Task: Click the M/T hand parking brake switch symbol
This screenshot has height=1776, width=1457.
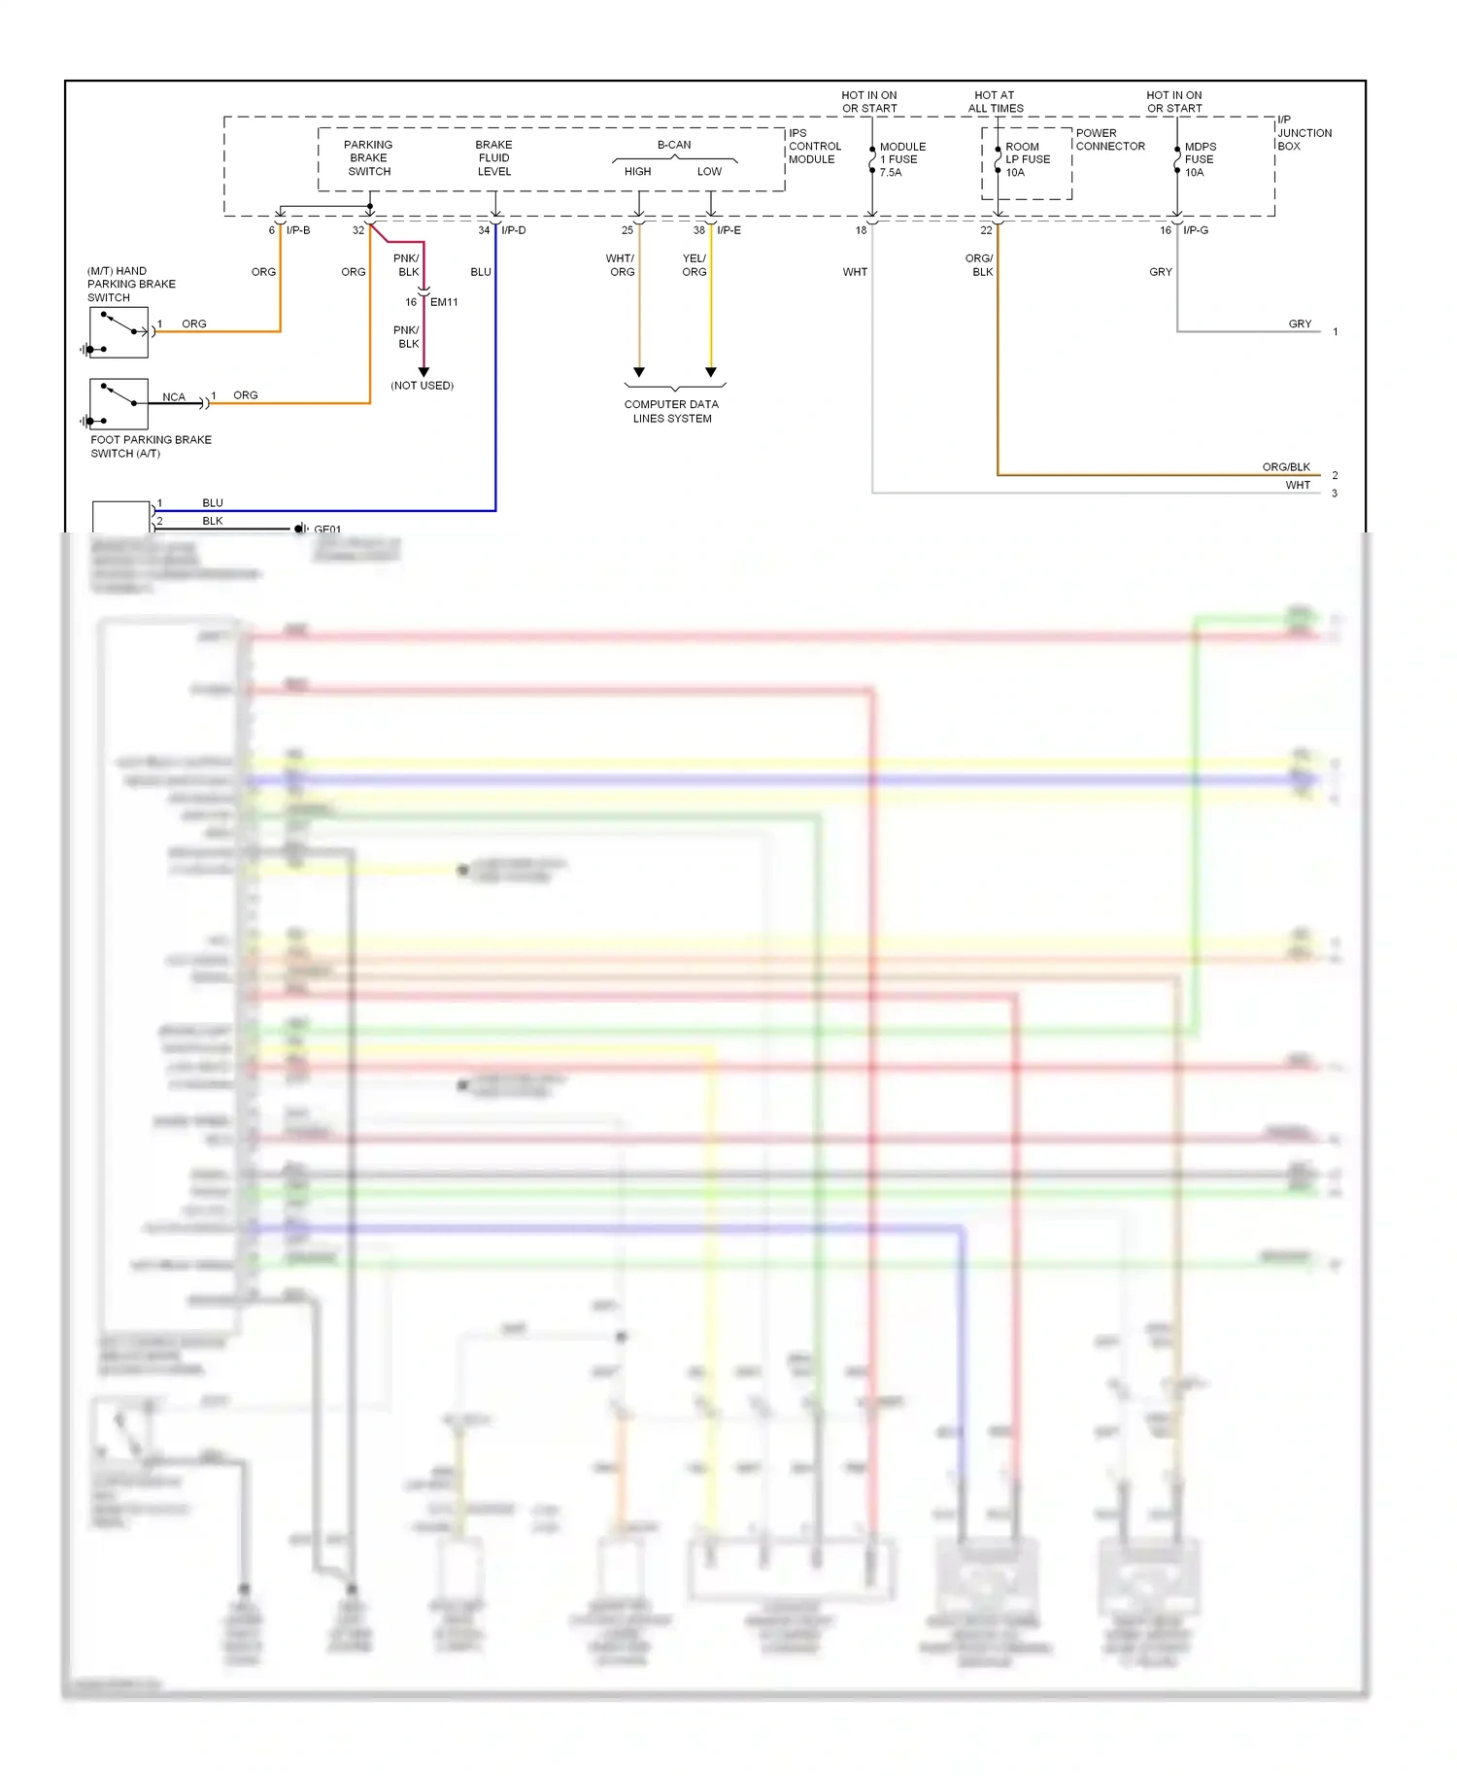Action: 119,332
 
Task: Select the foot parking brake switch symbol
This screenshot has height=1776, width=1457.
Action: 119,404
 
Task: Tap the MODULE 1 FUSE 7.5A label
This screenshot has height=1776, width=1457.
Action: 902,159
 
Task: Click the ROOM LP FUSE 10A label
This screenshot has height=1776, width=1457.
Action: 1027,159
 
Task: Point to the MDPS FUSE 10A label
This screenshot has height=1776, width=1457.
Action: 1200,159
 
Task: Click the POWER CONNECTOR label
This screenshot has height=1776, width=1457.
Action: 1110,140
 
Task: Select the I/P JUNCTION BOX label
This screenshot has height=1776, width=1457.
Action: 1304,133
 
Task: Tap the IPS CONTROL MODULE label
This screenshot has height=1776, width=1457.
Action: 814,147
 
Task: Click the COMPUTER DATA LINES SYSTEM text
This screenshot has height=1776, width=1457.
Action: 672,411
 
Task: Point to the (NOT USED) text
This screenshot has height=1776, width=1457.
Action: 423,386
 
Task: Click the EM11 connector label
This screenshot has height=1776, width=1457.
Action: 444,302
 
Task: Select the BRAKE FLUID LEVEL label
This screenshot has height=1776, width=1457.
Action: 493,158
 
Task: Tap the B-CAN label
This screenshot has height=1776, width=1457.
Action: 674,145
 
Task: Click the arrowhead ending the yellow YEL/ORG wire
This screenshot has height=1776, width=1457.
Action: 711,372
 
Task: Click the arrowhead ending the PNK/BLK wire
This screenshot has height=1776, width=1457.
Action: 424,372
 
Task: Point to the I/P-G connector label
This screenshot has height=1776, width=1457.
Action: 1196,230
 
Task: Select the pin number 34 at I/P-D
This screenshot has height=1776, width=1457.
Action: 484,230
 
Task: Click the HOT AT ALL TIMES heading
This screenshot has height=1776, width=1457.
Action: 996,102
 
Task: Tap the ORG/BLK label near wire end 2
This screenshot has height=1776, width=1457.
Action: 1286,467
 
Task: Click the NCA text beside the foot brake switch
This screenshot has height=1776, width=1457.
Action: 174,397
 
